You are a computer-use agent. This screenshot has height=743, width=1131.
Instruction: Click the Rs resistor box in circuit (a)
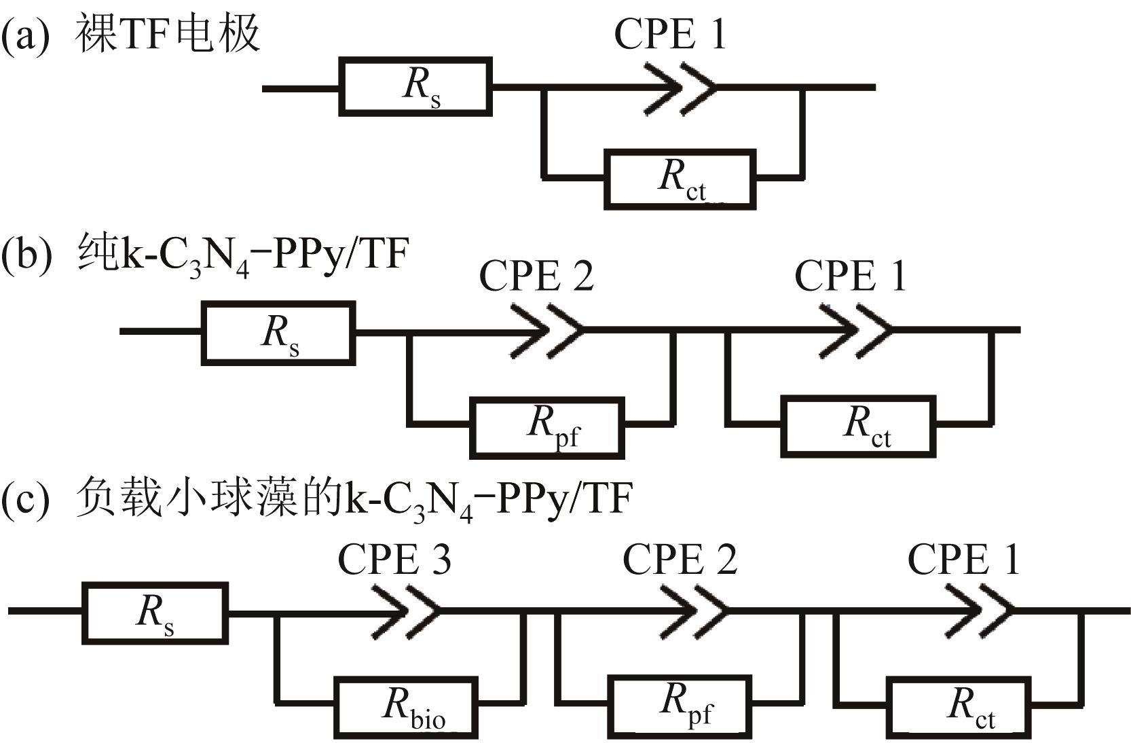tap(415, 87)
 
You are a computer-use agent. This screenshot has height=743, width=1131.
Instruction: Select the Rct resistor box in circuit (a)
tap(680, 179)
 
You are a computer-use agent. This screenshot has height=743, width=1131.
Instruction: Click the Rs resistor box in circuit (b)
tap(278, 333)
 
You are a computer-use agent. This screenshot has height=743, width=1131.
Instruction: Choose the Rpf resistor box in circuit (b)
tap(546, 428)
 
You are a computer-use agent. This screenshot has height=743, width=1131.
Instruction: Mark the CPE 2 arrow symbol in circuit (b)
tap(547, 331)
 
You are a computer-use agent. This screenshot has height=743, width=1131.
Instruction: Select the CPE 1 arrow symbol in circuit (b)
tap(858, 331)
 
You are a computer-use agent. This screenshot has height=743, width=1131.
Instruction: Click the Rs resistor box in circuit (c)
tap(155, 612)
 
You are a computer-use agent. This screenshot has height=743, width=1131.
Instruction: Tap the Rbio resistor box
tap(405, 707)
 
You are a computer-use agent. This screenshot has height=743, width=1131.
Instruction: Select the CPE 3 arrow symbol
tap(406, 610)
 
